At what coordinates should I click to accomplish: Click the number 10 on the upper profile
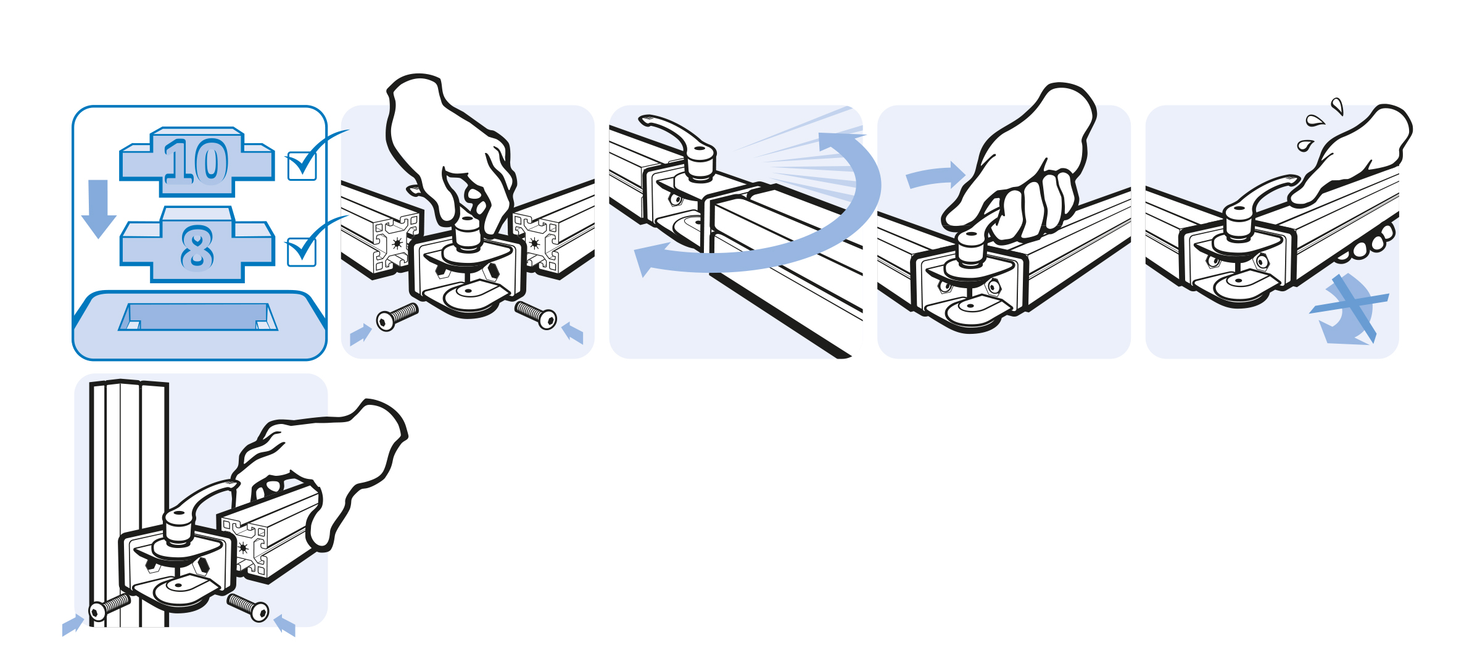(x=196, y=161)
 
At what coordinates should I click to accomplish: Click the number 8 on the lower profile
(x=197, y=248)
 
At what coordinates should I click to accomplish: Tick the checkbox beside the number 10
(x=302, y=165)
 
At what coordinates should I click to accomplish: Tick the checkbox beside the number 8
(x=302, y=252)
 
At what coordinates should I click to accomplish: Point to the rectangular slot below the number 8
(x=198, y=317)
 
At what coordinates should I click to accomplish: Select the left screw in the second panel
(x=397, y=317)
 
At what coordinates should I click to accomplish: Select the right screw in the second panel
(x=536, y=315)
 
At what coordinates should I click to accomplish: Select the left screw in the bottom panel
(x=109, y=606)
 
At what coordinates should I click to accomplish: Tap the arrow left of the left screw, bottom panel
(x=73, y=625)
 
